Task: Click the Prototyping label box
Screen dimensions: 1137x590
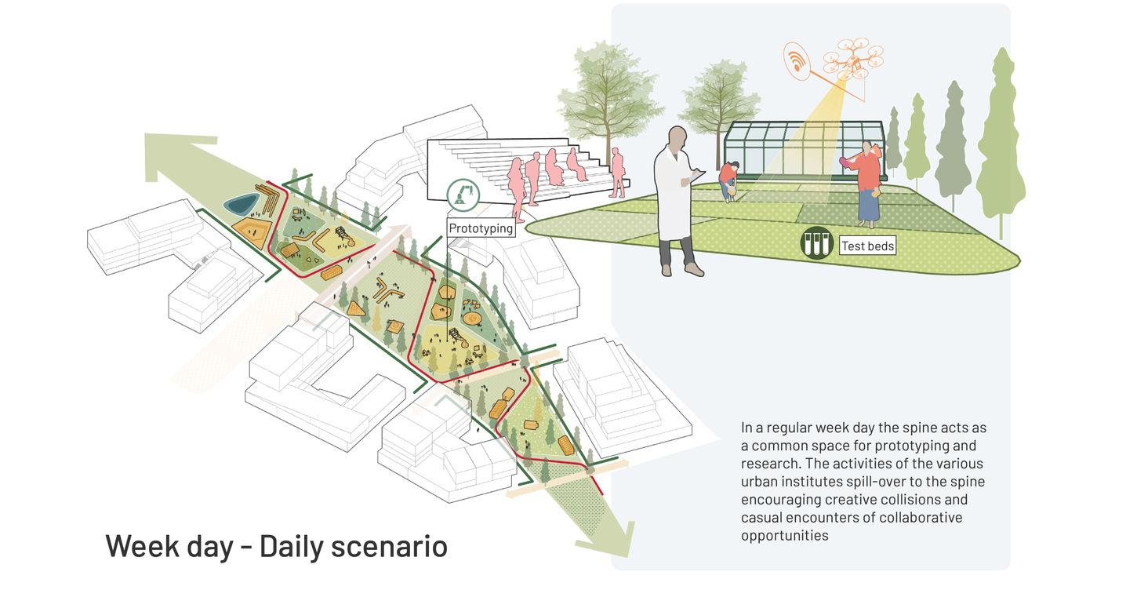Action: pyautogui.click(x=481, y=228)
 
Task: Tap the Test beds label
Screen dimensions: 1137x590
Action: pyautogui.click(x=867, y=246)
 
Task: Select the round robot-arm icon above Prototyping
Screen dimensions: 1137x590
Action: pyautogui.click(x=462, y=193)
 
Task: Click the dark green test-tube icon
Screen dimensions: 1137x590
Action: pyautogui.click(x=816, y=243)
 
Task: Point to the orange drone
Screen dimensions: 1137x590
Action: pyautogui.click(x=852, y=59)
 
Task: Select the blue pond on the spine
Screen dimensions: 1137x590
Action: pyautogui.click(x=239, y=205)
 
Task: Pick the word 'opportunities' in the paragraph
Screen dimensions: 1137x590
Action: pyautogui.click(x=785, y=536)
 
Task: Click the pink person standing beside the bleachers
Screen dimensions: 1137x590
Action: pyautogui.click(x=618, y=173)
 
